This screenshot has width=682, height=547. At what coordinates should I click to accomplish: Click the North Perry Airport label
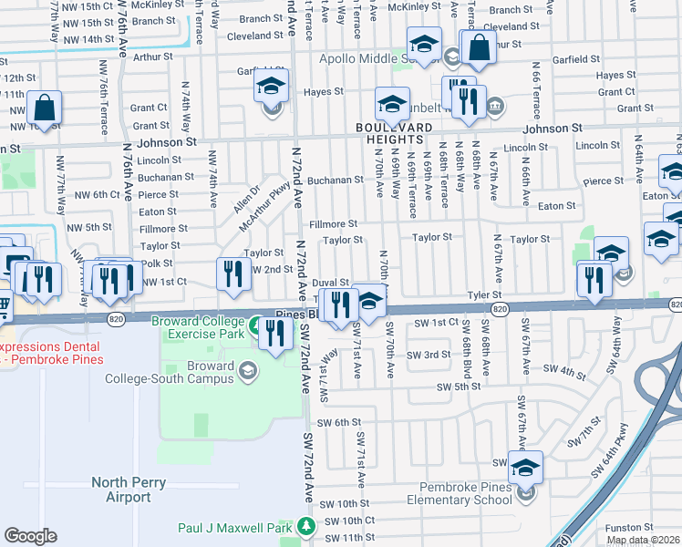(121, 490)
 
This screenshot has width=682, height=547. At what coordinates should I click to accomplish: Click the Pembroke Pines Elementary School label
(466, 493)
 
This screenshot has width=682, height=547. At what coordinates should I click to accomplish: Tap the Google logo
(30, 536)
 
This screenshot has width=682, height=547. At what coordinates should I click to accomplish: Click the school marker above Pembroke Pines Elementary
(525, 467)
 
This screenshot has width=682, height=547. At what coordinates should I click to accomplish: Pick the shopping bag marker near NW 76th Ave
(44, 108)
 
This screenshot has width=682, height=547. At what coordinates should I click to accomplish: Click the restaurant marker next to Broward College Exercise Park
(274, 334)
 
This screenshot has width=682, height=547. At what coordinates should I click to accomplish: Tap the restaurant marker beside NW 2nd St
(234, 275)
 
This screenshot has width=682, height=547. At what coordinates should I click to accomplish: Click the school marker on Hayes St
(270, 92)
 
